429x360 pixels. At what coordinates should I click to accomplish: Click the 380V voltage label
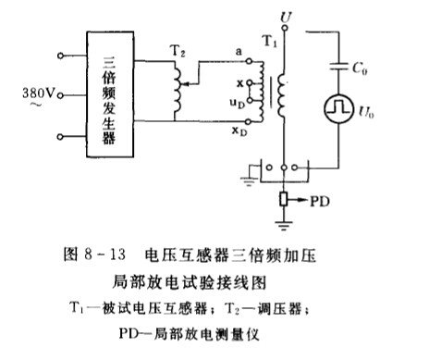pos(38,93)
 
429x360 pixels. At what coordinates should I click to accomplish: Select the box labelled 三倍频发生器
pos(110,94)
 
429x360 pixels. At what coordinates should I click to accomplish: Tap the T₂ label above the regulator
pos(178,51)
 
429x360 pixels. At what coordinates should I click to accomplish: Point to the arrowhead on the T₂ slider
pos(182,83)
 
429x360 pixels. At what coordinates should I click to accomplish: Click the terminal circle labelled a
pos(249,61)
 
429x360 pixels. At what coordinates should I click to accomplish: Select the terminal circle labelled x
pos(250,82)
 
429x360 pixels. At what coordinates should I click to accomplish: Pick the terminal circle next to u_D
pos(250,100)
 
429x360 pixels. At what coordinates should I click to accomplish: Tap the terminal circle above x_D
pos(249,122)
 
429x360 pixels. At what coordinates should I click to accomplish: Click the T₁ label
pos(270,41)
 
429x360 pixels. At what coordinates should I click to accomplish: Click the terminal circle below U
pos(285,28)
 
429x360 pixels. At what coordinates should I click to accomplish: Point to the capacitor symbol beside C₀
pos(338,66)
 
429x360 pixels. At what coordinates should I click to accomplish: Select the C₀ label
pos(360,68)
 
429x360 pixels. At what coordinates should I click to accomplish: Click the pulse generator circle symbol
pos(339,109)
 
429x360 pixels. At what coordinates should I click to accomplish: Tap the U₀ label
pos(366,111)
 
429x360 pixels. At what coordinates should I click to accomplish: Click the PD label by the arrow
pos(320,202)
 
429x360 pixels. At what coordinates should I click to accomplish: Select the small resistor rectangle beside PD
pos(284,199)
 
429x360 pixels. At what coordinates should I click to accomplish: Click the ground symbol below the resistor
pos(284,226)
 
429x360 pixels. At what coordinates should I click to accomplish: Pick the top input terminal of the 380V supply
pos(60,56)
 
